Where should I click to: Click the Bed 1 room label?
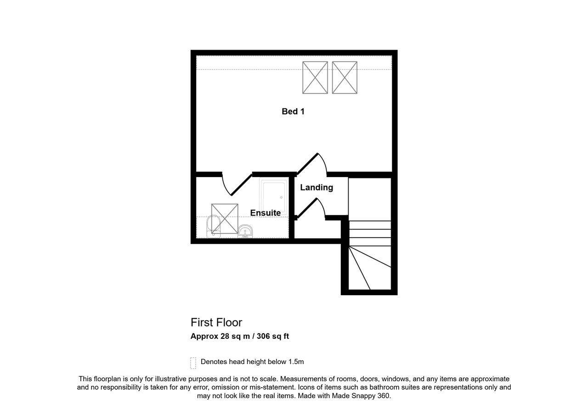(x=293, y=111)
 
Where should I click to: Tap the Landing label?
(x=317, y=188)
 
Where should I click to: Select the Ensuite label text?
(x=266, y=212)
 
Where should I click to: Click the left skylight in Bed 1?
(x=315, y=78)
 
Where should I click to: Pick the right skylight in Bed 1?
(x=345, y=78)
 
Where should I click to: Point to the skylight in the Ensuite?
(x=225, y=219)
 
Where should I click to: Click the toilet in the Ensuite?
(x=214, y=226)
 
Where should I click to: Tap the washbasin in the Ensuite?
(x=245, y=231)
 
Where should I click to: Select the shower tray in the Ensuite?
(x=273, y=196)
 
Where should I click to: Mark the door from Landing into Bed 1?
(x=311, y=164)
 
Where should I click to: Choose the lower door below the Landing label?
(x=311, y=208)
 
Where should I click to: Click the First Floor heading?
(x=216, y=322)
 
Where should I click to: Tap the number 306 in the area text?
(x=264, y=336)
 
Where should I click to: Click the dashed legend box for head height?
(x=193, y=363)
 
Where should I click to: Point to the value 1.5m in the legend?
(x=296, y=362)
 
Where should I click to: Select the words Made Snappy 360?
(x=361, y=395)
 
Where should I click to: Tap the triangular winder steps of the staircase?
(x=370, y=268)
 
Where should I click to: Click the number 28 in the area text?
(x=225, y=336)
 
